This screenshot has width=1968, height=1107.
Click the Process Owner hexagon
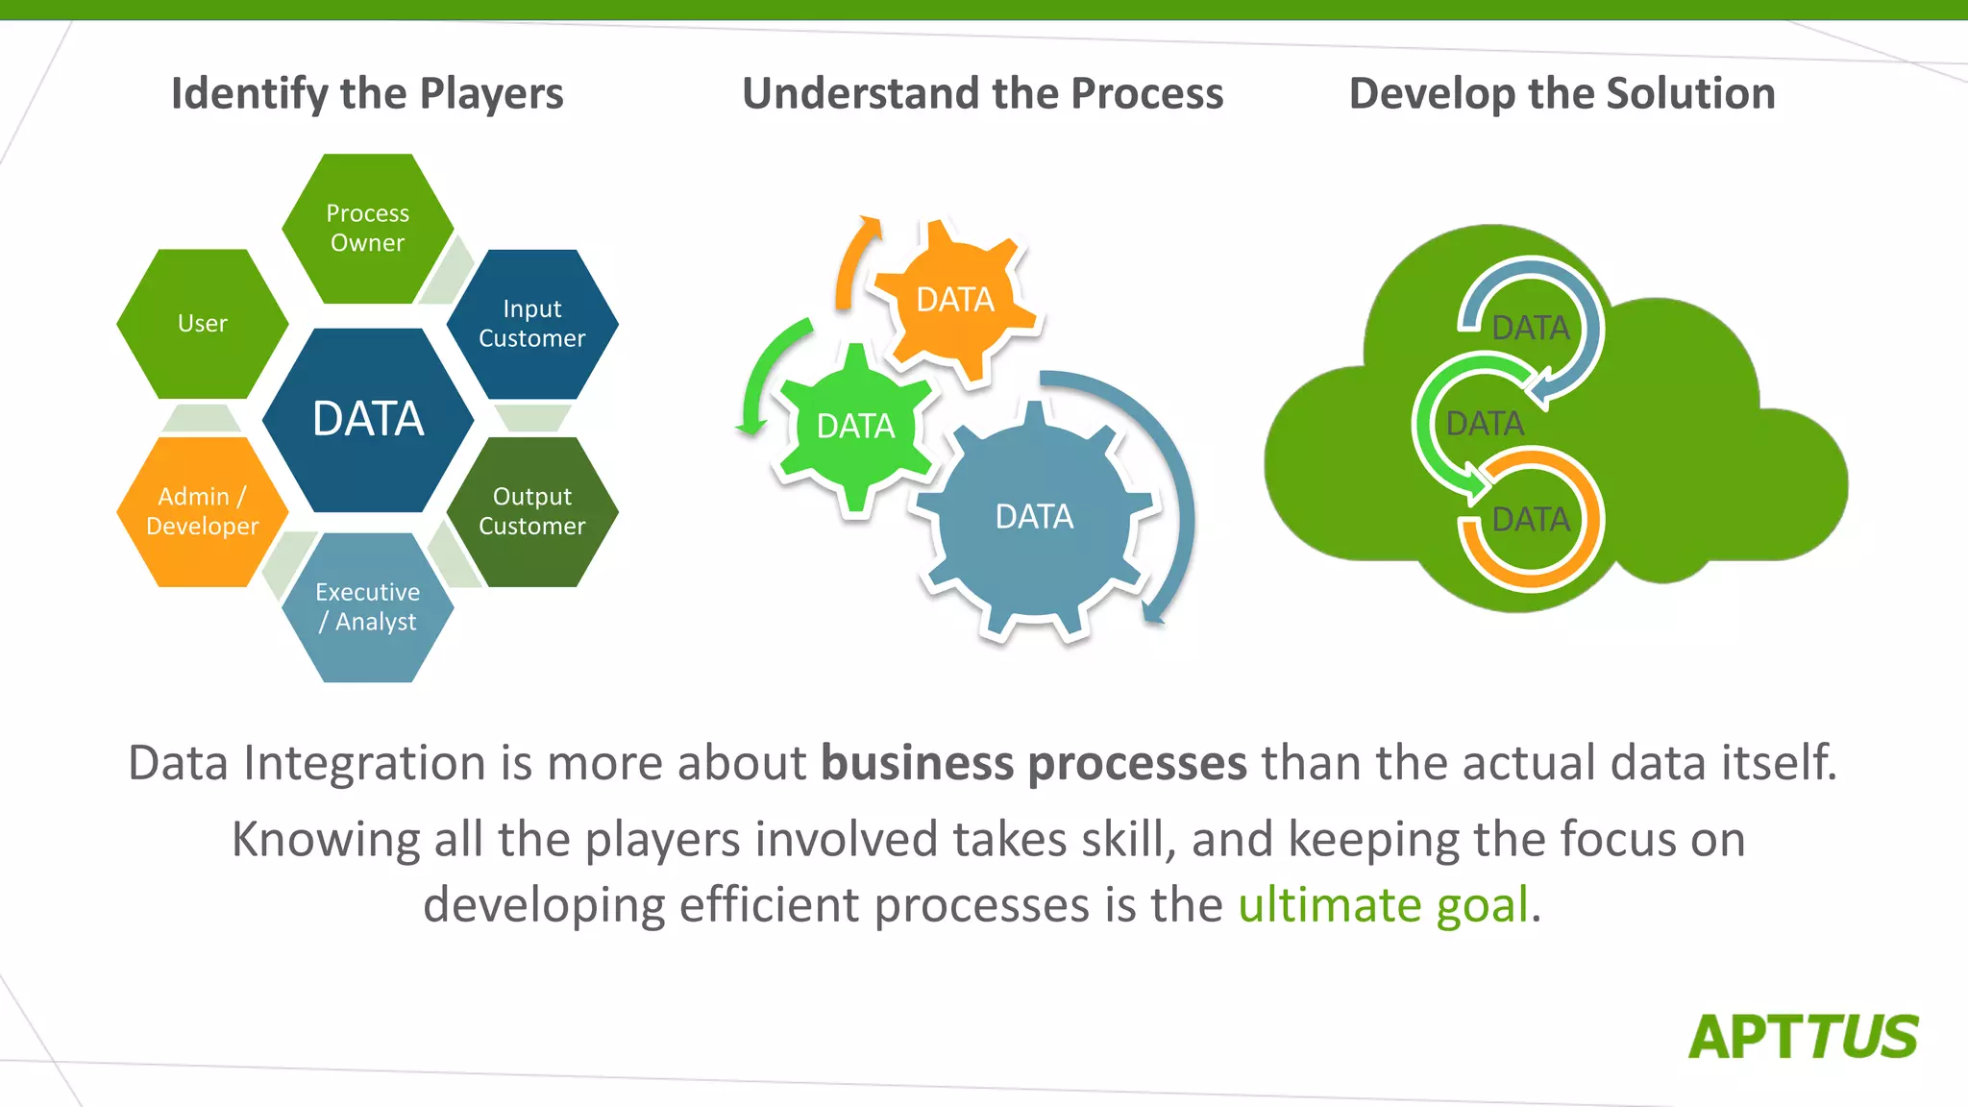coord(367,228)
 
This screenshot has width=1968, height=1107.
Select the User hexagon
coord(202,324)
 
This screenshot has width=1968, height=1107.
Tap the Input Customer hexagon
coord(532,324)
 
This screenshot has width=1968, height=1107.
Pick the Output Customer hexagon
coord(532,511)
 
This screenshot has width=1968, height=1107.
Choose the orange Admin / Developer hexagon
coord(202,511)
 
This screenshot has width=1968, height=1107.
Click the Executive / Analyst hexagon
coord(367,607)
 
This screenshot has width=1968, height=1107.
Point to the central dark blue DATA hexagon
coord(367,419)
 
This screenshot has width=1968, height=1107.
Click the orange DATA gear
coord(955,300)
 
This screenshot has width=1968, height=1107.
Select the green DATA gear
coord(855,426)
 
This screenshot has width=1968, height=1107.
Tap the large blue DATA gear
coord(1034,517)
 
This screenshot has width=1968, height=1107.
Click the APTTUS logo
coord(1803,1037)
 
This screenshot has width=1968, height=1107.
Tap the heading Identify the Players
coord(367,93)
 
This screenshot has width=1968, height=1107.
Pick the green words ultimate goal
coord(1383,904)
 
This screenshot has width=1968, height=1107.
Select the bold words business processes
coord(1033,763)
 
